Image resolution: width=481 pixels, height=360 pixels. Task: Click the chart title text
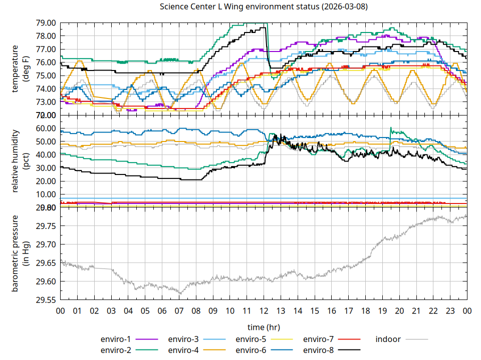click(x=264, y=7)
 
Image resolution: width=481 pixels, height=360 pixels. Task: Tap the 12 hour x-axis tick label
click(x=264, y=311)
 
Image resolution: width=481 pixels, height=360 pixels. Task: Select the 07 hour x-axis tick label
click(x=179, y=311)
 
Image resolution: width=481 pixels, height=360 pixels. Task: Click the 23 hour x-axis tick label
click(x=450, y=311)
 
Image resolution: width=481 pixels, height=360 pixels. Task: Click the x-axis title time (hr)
click(x=264, y=327)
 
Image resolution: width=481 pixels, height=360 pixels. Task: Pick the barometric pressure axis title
click(x=20, y=253)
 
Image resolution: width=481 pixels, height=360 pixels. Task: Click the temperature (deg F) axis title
click(x=20, y=69)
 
